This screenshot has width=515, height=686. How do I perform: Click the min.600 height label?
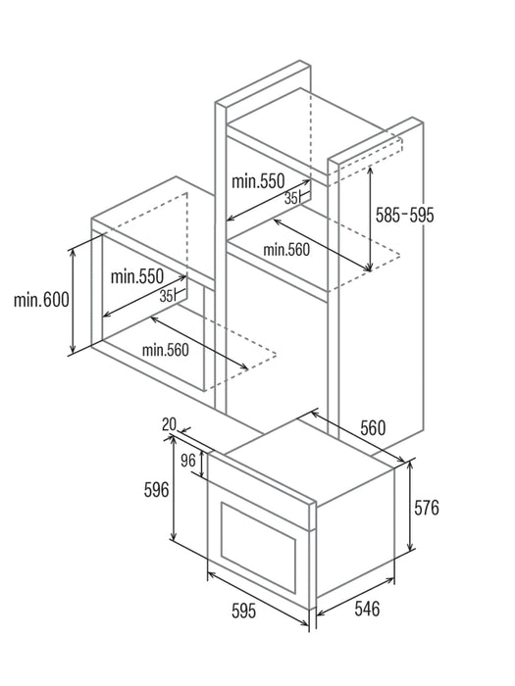point(41,300)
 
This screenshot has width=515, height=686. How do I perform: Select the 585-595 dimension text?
point(404,215)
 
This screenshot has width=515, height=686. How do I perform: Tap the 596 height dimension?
point(156,490)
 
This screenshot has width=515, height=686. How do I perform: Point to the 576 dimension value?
point(427,508)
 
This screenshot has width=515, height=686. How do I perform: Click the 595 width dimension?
point(244,611)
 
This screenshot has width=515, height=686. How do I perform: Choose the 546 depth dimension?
point(367,609)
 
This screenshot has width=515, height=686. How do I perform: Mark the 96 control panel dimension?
point(188,461)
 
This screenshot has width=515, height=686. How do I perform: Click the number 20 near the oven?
point(169,424)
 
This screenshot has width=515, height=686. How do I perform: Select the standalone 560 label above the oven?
point(373,428)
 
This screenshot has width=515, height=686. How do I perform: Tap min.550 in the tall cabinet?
point(258,180)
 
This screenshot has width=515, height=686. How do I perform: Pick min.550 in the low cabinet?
point(137,276)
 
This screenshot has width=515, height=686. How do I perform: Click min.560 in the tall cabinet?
point(286,250)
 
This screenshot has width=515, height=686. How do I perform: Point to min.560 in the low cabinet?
point(166,350)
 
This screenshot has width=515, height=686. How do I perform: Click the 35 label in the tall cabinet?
point(290,199)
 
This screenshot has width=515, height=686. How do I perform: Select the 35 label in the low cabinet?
point(166,296)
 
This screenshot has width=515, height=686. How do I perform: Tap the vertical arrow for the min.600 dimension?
point(74,301)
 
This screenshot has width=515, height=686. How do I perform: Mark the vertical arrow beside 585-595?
point(371,219)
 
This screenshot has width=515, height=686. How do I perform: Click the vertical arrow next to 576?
point(410,507)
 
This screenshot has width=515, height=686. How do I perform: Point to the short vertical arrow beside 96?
point(202,464)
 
